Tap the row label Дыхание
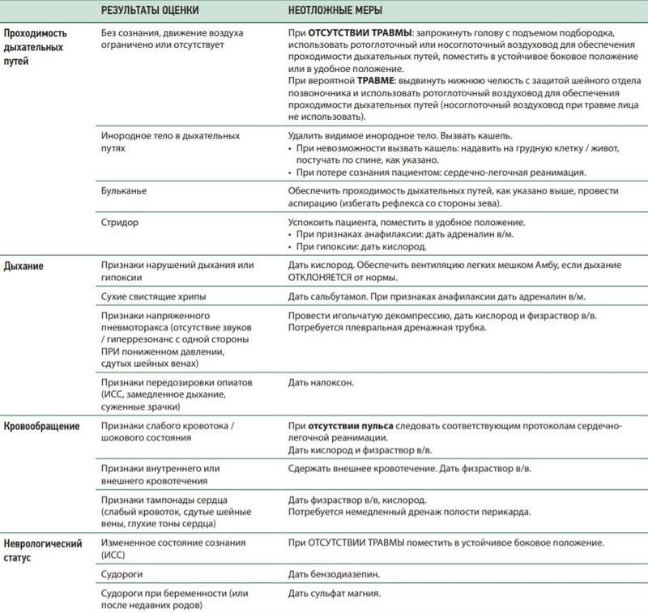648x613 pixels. tap(27, 266)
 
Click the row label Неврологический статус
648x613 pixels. tap(42, 549)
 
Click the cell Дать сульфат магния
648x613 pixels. tap(332, 594)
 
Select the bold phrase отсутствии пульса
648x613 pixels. tap(343, 426)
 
